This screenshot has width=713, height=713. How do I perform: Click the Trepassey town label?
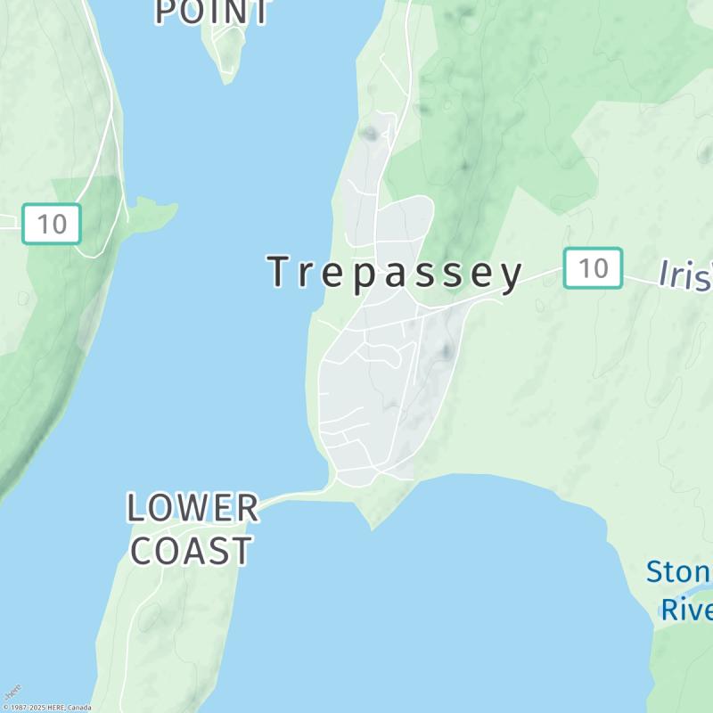(x=397, y=273)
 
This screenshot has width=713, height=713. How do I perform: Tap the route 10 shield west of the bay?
(x=52, y=224)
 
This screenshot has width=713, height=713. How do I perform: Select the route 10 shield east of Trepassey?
(x=593, y=267)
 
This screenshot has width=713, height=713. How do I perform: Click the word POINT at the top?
(x=212, y=12)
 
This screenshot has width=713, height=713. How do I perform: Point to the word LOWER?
(x=193, y=508)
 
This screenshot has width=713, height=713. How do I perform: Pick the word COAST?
(x=192, y=551)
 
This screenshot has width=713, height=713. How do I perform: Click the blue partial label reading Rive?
(x=685, y=611)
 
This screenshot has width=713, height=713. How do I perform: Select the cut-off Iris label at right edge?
(x=684, y=275)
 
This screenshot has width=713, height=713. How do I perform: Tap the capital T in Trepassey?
(x=280, y=272)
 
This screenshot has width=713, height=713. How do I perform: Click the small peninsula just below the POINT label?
(x=227, y=53)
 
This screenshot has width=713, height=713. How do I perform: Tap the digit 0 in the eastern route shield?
(x=602, y=267)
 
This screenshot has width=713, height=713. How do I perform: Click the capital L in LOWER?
(x=135, y=508)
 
